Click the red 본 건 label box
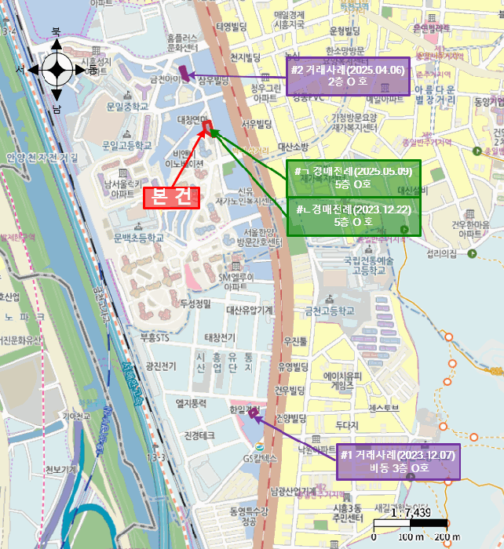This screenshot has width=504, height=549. pos(171,198)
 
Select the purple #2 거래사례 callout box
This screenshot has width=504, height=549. pos(347,76)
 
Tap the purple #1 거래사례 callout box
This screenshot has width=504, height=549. pos(398,463)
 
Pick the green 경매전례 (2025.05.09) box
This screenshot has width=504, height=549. pos(353,178)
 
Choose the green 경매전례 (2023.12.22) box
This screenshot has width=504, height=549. pos(353,216)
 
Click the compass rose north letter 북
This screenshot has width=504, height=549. pos(56,32)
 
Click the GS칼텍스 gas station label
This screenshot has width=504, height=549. pos(261,457)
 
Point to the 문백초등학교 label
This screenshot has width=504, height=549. pos(139,238)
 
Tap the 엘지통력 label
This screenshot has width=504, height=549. pos(191,403)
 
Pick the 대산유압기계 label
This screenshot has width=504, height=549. pos(250,311)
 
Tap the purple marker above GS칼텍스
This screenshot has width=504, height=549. pos(254,414)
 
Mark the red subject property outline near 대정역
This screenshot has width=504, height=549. pos(207,125)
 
